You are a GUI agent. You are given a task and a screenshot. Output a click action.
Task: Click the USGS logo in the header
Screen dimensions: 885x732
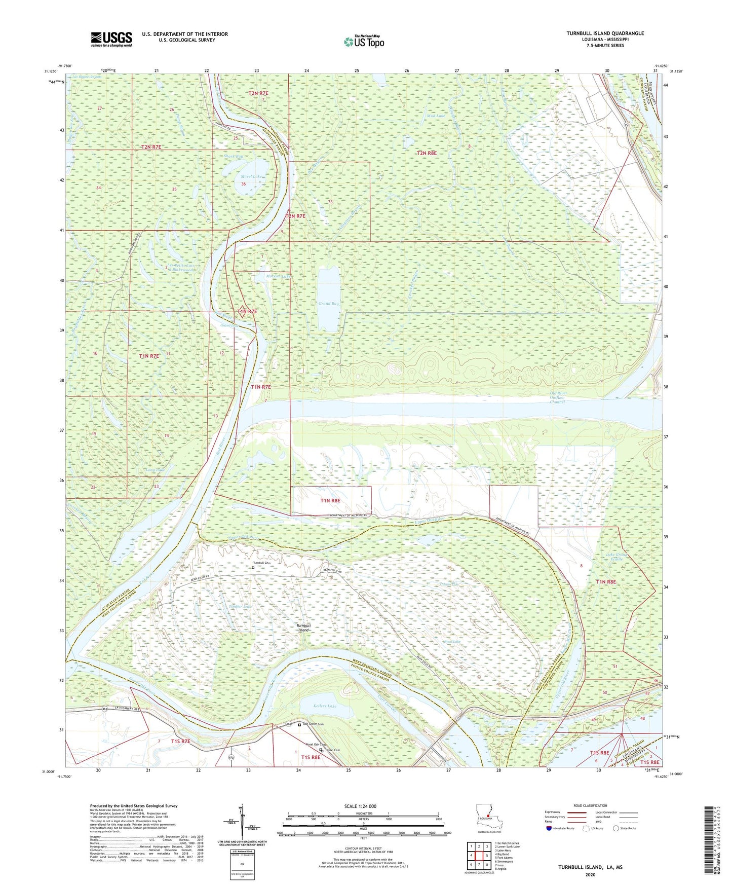click(x=111, y=39)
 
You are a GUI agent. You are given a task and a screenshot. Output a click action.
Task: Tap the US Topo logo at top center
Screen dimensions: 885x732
click(x=363, y=41)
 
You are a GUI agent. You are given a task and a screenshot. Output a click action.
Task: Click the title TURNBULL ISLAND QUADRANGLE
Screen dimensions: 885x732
click(x=605, y=33)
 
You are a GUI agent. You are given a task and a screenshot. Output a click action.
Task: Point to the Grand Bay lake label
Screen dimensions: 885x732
click(x=328, y=304)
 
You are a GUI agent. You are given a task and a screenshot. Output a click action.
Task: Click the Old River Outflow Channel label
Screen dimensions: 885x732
click(x=557, y=397)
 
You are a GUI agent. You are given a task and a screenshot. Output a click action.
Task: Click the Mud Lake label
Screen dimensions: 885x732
click(x=436, y=116)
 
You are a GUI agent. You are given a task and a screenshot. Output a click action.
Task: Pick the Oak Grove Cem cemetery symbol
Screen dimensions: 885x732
click(x=299, y=725)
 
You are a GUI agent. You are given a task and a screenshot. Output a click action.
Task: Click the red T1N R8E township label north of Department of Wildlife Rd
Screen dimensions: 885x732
click(x=330, y=500)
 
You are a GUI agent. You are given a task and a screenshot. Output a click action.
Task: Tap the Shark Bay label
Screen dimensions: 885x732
click(x=233, y=157)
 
